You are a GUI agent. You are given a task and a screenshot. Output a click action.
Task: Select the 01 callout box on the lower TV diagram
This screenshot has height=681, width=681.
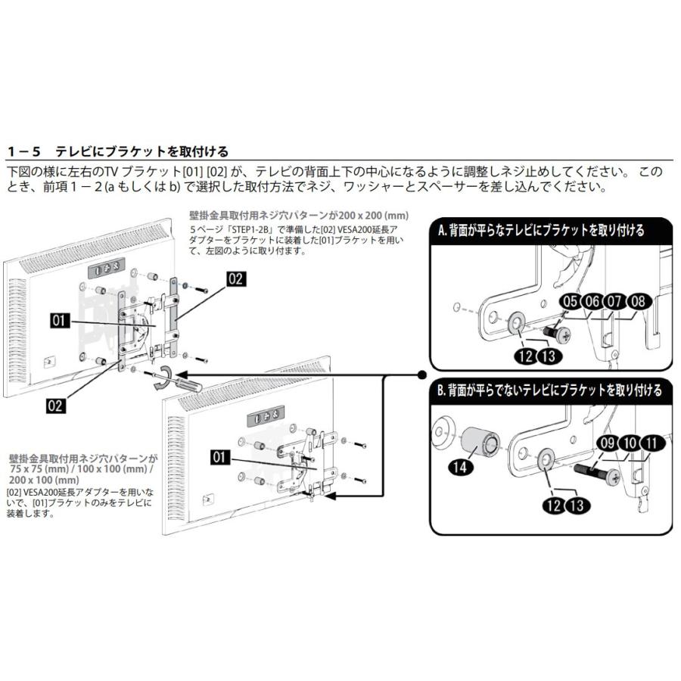pyautogui.click(x=220, y=456)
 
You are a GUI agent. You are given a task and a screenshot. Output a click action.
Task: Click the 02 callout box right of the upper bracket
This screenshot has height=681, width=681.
pyautogui.click(x=235, y=278)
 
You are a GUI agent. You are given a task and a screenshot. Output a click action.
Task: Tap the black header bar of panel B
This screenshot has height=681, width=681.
pyautogui.click(x=549, y=390)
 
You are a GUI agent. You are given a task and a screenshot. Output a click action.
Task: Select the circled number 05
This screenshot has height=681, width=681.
pyautogui.click(x=571, y=302)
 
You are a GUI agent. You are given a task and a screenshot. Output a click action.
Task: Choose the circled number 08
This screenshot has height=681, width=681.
pyautogui.click(x=637, y=302)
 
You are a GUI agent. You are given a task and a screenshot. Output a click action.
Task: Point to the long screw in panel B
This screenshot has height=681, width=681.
pyautogui.click(x=602, y=474)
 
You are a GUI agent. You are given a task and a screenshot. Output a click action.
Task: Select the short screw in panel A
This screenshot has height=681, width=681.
pyautogui.click(x=556, y=331)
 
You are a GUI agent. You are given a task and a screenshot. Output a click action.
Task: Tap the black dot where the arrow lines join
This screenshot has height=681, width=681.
pyautogui.click(x=421, y=375)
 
